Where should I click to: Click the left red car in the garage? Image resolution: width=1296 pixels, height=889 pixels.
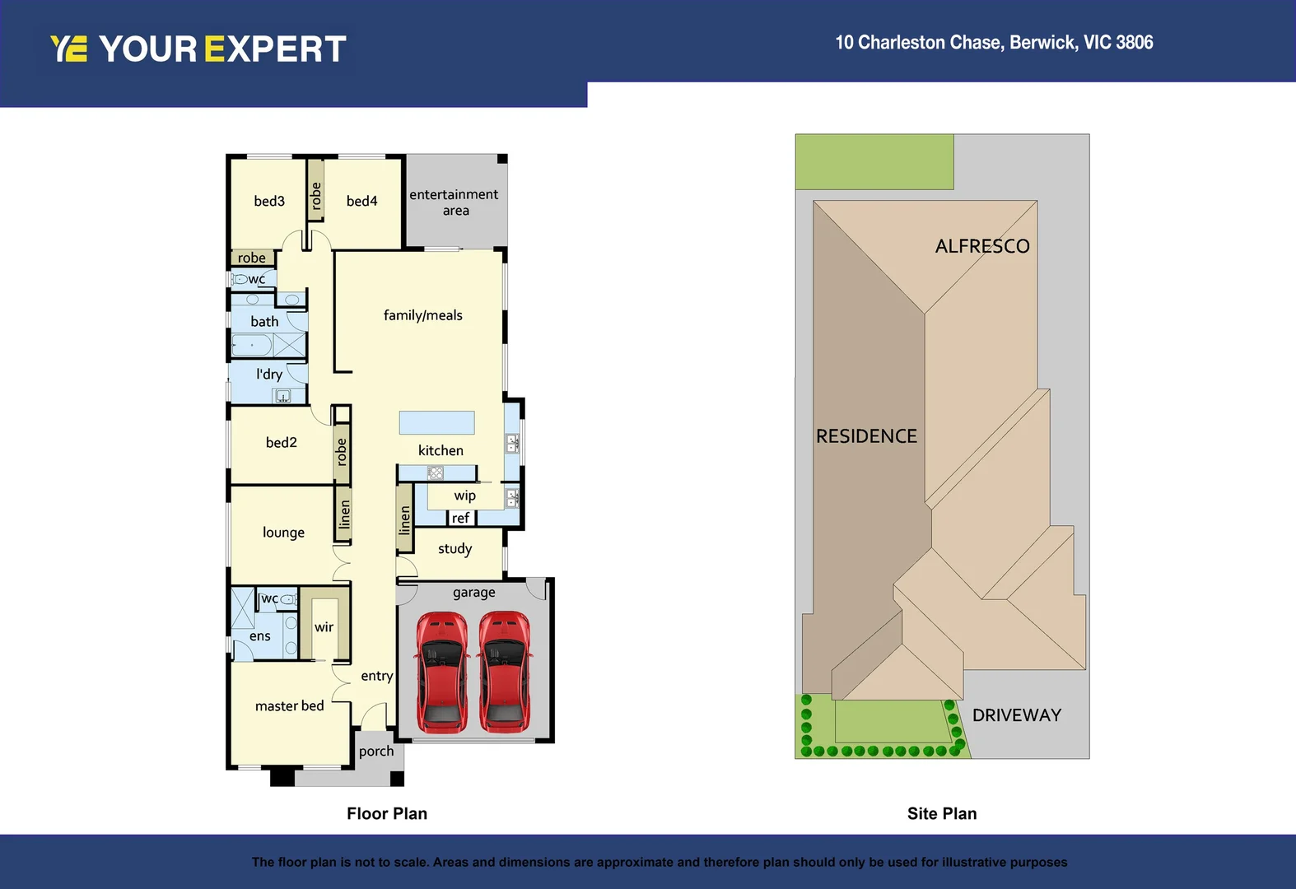pos(442,671)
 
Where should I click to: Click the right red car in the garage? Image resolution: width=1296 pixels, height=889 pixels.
pos(505,671)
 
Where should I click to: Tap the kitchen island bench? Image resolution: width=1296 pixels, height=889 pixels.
pos(436,422)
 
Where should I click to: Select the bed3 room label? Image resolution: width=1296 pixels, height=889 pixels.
pos(269,201)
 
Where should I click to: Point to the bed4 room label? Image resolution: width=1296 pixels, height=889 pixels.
pos(361,201)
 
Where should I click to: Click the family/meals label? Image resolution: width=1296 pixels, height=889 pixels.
pos(422,315)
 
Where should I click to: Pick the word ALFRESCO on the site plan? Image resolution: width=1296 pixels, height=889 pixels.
pos(981,246)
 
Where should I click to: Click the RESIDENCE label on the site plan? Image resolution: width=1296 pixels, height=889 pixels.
pos(866,436)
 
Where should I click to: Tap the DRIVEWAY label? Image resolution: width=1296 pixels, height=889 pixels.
pos(1016,715)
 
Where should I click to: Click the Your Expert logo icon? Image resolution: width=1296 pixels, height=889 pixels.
pos(68,49)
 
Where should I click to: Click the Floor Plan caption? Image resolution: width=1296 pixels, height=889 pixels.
pos(386,813)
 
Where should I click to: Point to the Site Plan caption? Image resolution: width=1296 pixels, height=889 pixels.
pos(941,813)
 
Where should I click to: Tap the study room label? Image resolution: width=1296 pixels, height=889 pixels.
pos(455,549)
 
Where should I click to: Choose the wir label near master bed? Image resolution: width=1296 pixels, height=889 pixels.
pos(324,627)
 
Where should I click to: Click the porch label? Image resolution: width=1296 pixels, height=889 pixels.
pos(376,751)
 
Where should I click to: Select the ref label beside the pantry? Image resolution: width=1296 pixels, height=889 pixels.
pos(460,518)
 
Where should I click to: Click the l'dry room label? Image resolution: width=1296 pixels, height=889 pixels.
pos(268,374)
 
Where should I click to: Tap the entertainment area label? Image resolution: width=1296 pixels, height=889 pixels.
pos(454,202)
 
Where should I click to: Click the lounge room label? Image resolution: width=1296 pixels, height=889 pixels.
pos(283,533)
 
